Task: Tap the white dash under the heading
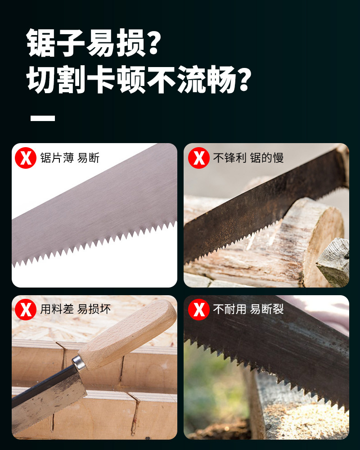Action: (x=43, y=118)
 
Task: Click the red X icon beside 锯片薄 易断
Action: (x=26, y=158)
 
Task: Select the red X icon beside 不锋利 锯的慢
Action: (x=198, y=158)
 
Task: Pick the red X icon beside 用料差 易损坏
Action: (x=26, y=310)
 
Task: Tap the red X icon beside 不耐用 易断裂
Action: (x=198, y=310)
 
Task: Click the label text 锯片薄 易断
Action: (x=70, y=158)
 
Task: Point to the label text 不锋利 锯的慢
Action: (x=248, y=158)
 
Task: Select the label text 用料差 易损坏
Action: (x=75, y=310)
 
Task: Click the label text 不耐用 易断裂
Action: (x=248, y=310)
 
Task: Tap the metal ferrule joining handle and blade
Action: (x=79, y=363)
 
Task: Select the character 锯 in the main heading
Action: (x=41, y=43)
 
